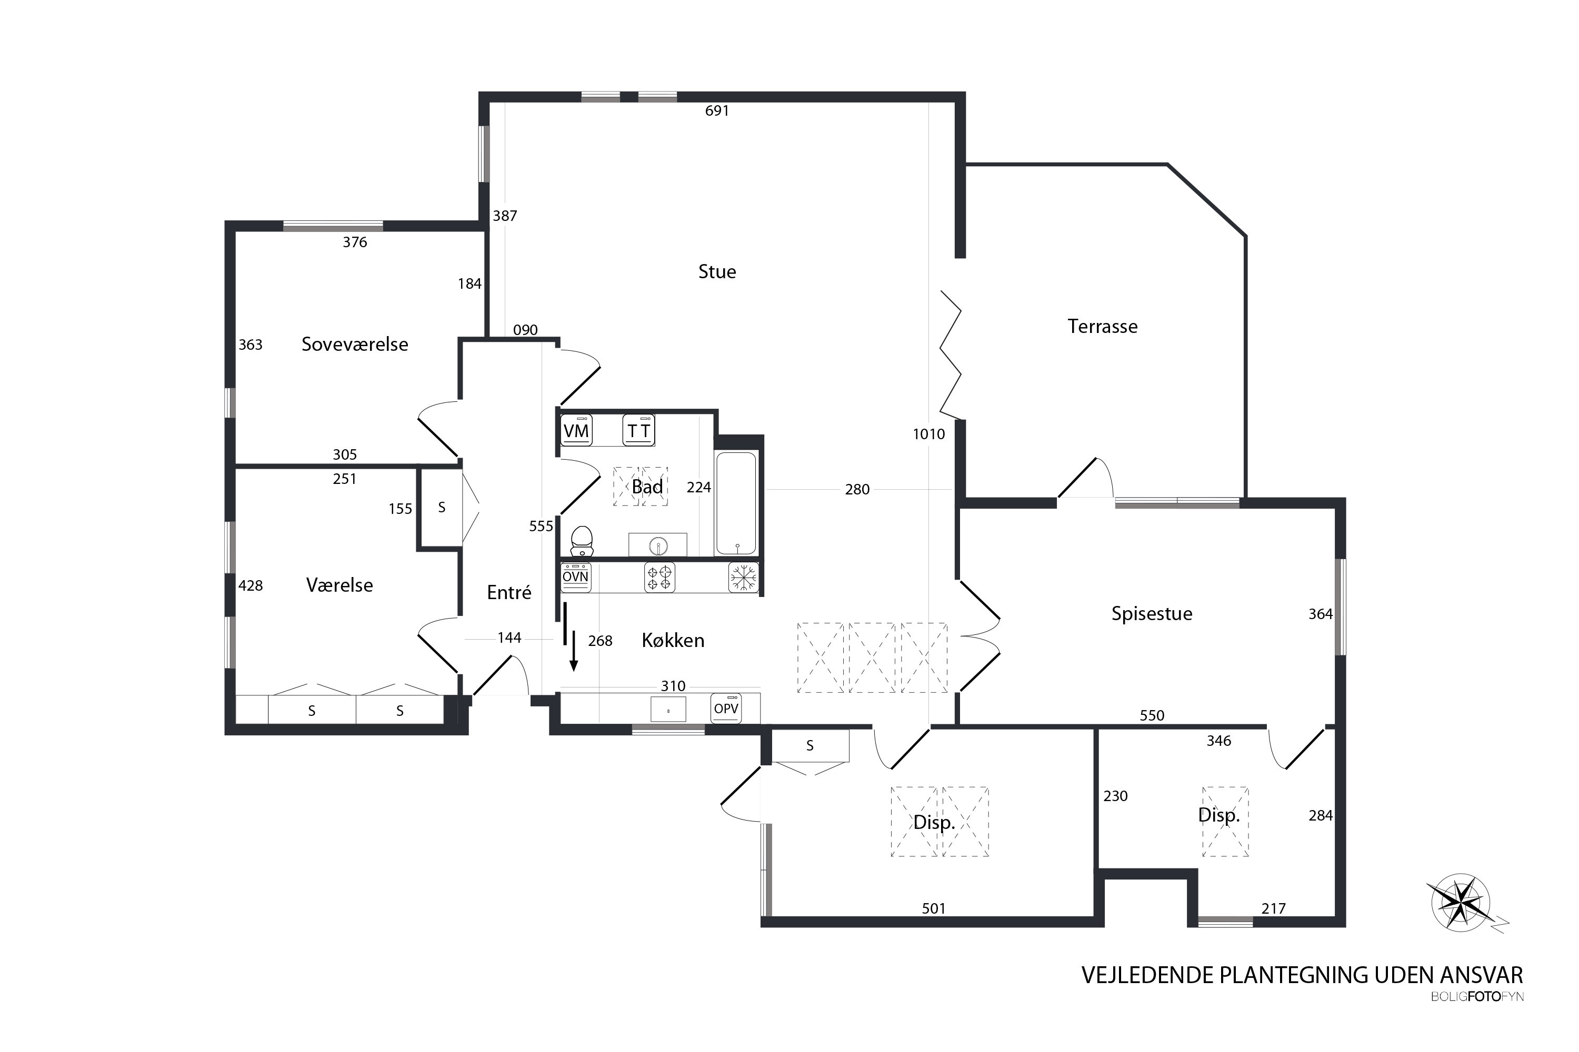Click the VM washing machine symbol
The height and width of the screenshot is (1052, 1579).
(576, 430)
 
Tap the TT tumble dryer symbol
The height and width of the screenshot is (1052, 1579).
(638, 430)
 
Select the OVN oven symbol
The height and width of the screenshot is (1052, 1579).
(575, 578)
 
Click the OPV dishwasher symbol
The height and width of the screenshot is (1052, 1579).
(726, 709)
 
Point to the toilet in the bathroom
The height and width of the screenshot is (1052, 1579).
(582, 541)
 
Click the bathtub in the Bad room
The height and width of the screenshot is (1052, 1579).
(736, 504)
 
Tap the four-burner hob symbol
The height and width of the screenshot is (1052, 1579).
(659, 578)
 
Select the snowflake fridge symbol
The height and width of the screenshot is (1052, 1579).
(743, 578)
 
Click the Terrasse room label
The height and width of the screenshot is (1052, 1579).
(1102, 327)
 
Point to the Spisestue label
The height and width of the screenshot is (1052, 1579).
(1152, 614)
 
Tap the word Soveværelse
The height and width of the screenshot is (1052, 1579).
(354, 344)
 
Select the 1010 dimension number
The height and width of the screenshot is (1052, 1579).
(928, 434)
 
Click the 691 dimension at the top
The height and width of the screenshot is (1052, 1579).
(717, 110)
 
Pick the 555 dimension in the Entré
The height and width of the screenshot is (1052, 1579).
(541, 526)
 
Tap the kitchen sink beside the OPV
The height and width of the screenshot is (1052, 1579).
(668, 709)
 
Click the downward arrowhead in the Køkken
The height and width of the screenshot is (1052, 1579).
(573, 666)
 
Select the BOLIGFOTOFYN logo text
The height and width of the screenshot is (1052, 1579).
(1477, 997)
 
